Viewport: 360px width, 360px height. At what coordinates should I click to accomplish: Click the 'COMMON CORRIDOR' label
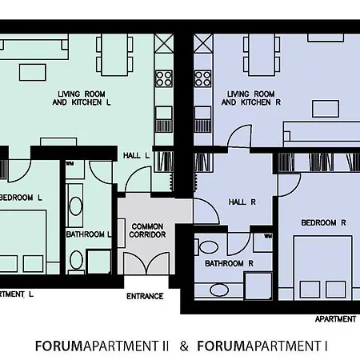point(147,231)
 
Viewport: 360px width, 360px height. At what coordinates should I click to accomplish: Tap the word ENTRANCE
point(145,296)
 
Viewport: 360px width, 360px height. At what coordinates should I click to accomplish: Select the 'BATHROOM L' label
point(89,234)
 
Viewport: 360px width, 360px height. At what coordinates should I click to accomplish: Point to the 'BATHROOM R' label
point(229,263)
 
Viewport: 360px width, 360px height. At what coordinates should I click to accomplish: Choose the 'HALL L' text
point(137,155)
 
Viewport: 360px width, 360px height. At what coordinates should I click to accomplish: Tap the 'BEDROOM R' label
point(323,222)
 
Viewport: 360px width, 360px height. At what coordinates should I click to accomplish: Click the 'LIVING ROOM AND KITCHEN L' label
point(83,98)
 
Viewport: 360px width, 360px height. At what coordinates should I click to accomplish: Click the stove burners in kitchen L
point(164,78)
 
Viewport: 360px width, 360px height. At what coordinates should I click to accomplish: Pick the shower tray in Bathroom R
point(258,285)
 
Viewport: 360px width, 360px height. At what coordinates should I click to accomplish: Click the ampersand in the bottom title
point(184,346)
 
